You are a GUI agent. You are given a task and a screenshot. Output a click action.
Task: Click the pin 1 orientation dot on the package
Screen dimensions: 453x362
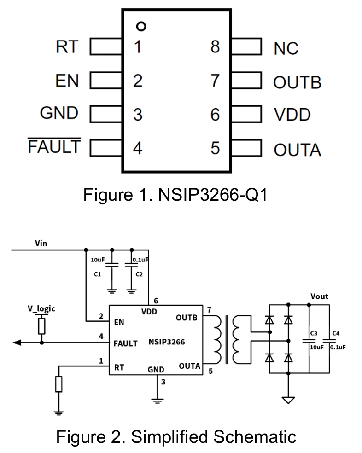141,26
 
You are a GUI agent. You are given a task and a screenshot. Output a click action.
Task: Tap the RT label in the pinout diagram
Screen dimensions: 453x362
67,46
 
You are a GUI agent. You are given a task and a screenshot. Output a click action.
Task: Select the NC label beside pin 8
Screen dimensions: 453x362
286,48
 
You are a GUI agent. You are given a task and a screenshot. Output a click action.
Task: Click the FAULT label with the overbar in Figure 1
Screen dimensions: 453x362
54,147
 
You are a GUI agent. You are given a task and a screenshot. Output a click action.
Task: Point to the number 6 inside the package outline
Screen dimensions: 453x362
215,115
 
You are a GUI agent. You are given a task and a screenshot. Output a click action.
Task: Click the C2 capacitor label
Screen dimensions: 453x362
139,274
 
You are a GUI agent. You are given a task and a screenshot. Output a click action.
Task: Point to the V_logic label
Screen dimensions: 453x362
41,308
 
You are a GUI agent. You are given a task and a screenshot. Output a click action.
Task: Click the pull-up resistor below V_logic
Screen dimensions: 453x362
42,326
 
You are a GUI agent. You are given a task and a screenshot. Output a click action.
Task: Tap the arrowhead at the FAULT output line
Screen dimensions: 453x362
17,343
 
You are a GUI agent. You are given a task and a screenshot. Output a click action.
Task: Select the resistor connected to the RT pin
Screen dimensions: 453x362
58,384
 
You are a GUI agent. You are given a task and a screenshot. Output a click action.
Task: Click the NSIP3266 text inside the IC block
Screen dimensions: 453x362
166,342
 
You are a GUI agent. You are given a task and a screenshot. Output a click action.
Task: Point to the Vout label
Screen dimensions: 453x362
319,296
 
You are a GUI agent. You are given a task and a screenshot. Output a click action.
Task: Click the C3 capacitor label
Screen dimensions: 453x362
314,332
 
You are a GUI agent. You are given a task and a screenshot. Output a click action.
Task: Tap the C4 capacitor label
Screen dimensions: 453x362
336,332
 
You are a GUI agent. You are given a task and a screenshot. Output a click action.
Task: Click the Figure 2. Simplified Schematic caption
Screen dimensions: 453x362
176,436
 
